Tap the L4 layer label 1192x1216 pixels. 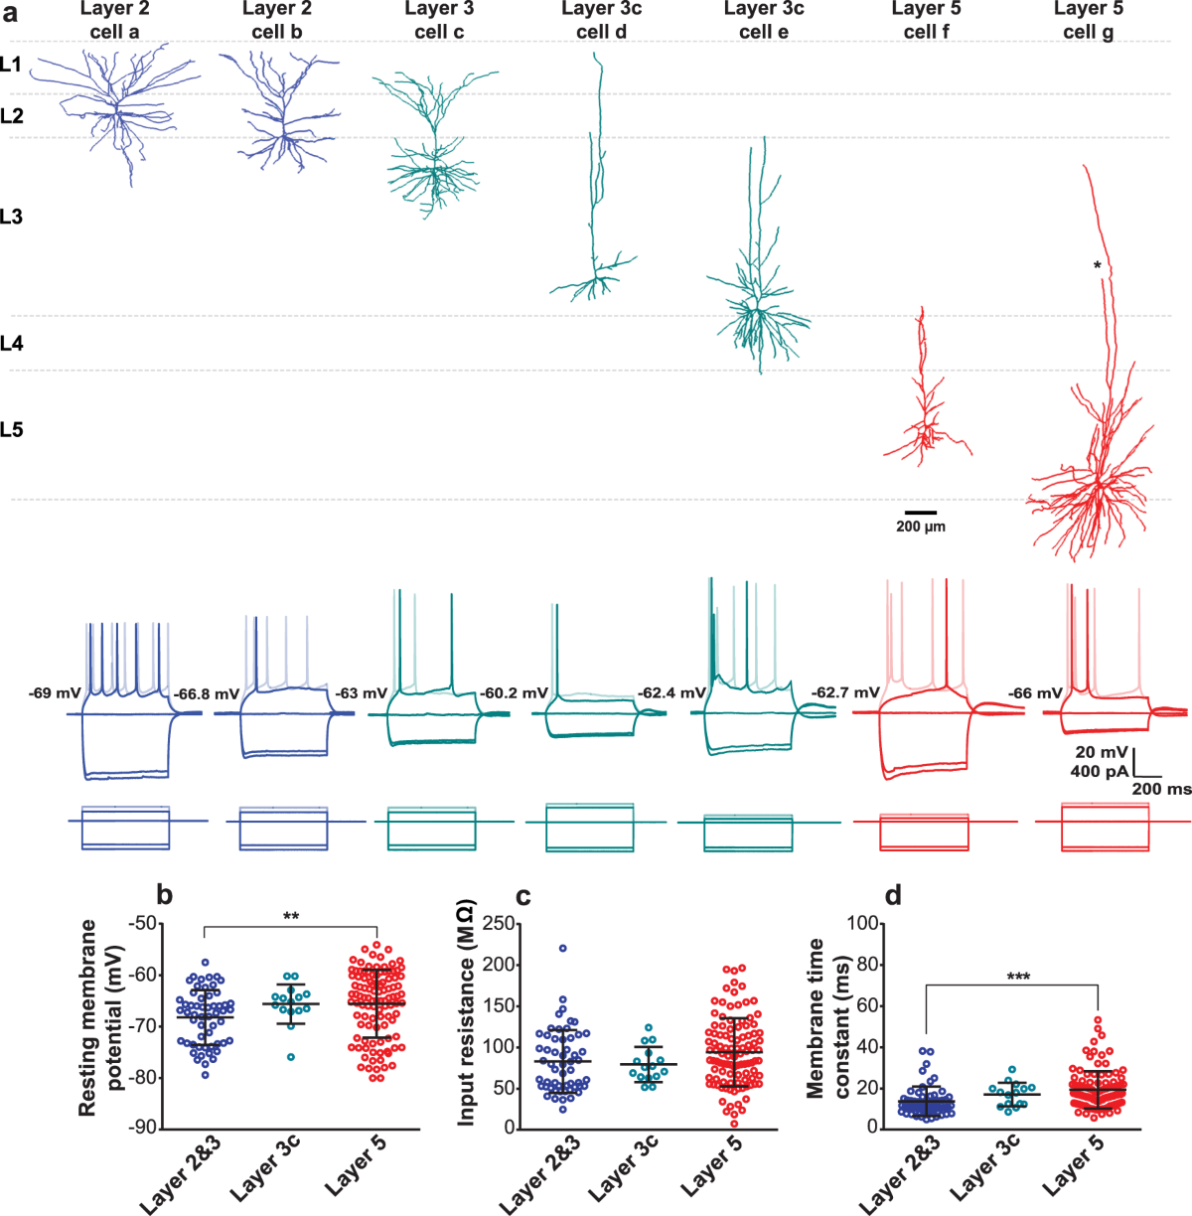click(12, 344)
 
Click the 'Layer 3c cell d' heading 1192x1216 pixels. click(601, 20)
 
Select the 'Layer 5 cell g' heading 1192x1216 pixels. click(1089, 20)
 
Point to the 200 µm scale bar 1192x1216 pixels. click(921, 513)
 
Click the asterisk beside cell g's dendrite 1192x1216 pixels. click(1097, 265)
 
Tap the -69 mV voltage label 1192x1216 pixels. click(55, 691)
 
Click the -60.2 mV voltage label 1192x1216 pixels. click(514, 692)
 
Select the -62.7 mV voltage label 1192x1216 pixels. click(845, 691)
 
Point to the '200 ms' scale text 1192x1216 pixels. click(1162, 788)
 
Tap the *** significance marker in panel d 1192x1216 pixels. click(1018, 978)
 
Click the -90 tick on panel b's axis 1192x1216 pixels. click(143, 1128)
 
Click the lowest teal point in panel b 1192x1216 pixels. click(291, 1056)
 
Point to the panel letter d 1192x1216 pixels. click(893, 896)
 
